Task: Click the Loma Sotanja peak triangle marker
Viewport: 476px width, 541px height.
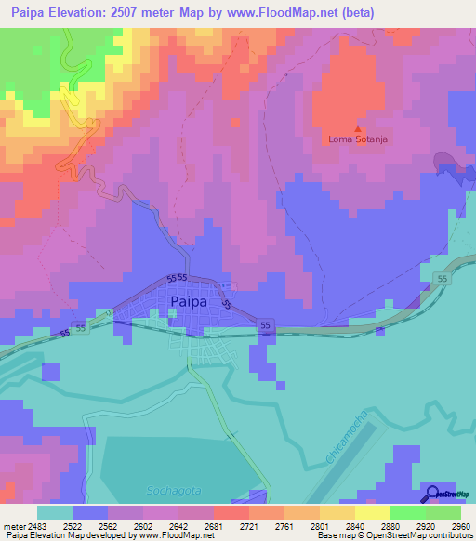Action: pos(357,129)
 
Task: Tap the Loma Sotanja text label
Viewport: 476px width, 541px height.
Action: pos(357,140)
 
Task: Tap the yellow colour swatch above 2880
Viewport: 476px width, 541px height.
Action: pos(372,512)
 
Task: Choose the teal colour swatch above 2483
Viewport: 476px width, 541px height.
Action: pos(55,512)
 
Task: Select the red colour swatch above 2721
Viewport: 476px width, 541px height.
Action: pos(231,512)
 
